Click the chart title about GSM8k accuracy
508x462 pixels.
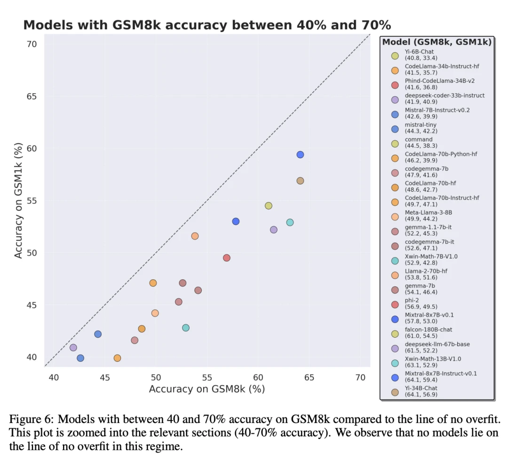tap(207, 25)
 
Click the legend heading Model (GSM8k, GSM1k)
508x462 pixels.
tap(437, 42)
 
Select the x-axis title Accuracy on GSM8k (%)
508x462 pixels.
tap(207, 389)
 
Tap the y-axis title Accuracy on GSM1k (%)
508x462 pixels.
tap(18, 200)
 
